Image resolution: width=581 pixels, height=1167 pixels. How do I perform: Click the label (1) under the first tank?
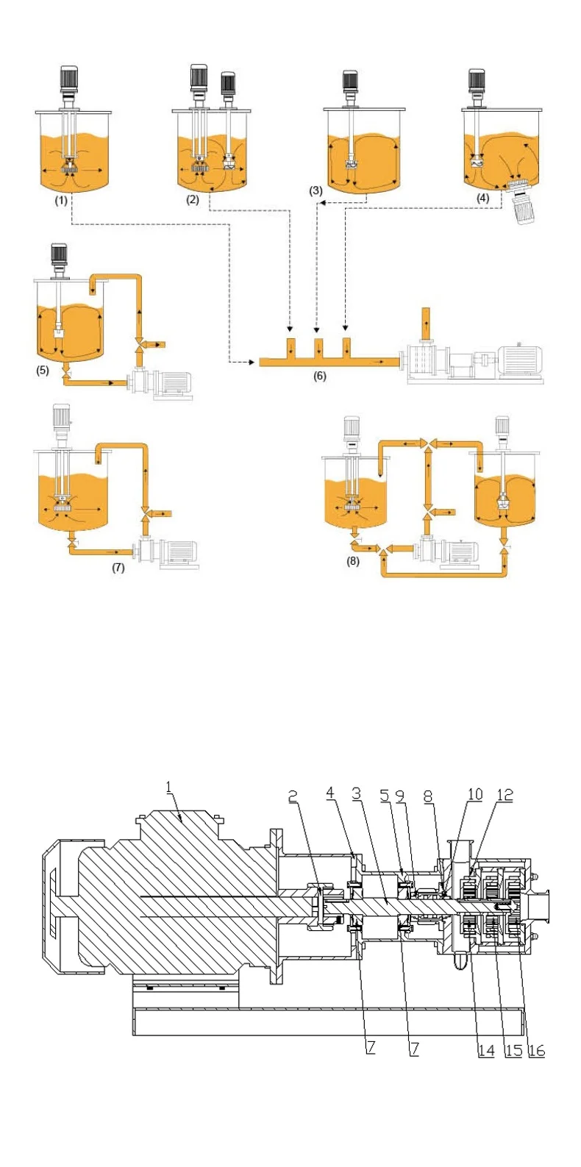pyautogui.click(x=61, y=200)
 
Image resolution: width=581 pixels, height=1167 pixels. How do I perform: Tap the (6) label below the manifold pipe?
pyautogui.click(x=319, y=376)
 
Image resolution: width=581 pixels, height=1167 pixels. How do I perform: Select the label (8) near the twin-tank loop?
pyautogui.click(x=353, y=563)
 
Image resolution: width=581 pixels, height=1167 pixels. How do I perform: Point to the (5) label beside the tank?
pyautogui.click(x=43, y=371)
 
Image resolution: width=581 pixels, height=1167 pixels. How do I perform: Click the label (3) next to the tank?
pyautogui.click(x=316, y=190)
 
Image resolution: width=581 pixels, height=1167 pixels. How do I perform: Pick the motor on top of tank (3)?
pyautogui.click(x=349, y=83)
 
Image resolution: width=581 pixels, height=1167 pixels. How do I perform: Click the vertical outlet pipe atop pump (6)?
pyautogui.click(x=425, y=323)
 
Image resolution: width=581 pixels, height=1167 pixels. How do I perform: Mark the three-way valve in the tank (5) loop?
pyautogui.click(x=139, y=343)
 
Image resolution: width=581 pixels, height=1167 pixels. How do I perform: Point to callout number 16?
pyautogui.click(x=537, y=1050)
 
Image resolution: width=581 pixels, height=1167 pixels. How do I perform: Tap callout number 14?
pyautogui.click(x=486, y=1050)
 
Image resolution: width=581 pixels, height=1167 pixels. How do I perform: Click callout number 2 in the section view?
pyautogui.click(x=293, y=796)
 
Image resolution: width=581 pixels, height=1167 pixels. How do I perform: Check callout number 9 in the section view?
pyautogui.click(x=400, y=796)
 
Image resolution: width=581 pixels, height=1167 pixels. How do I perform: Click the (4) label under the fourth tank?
pyautogui.click(x=482, y=198)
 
